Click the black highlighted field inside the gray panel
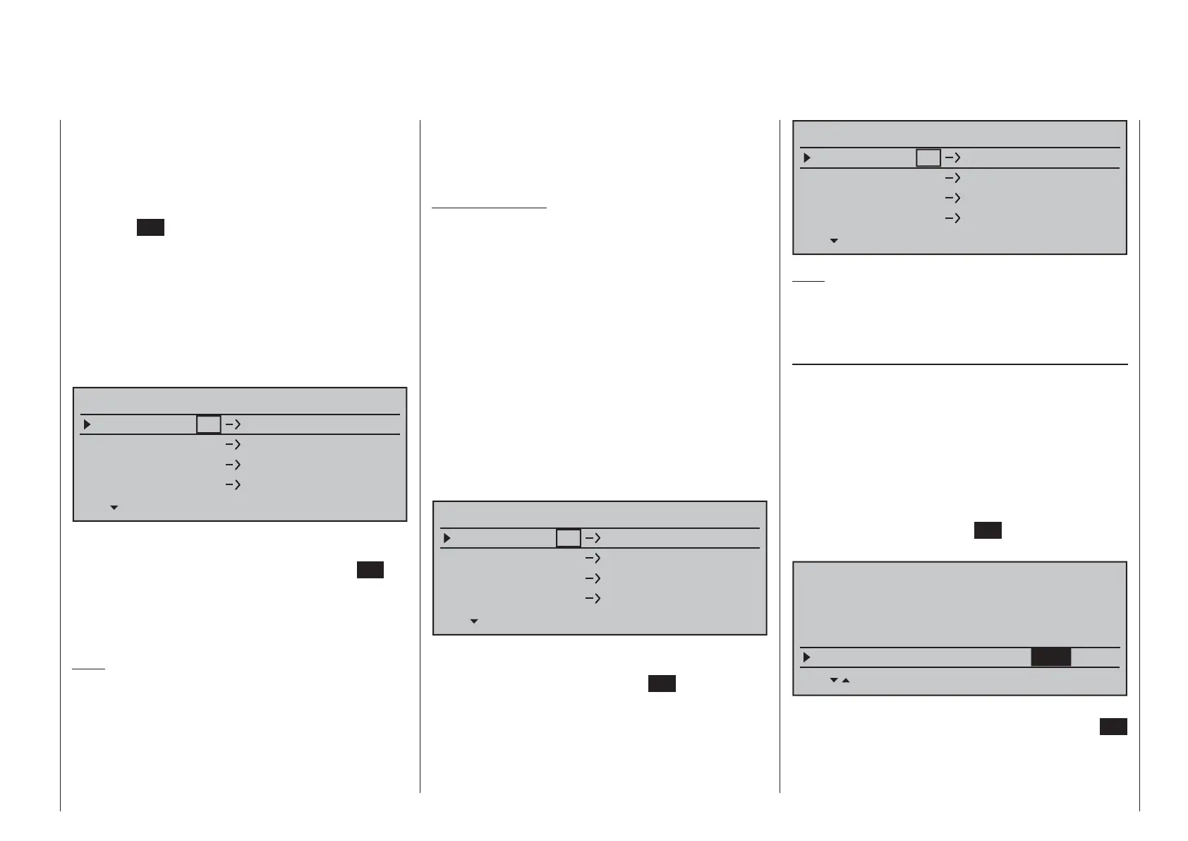pos(1050,657)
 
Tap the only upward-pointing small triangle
pos(846,681)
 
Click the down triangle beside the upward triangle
pos(834,681)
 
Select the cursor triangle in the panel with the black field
pos(807,657)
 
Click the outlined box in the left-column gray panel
pos(209,424)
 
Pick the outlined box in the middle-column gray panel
pos(569,538)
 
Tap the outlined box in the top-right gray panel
pos(928,158)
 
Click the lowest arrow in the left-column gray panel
pos(233,484)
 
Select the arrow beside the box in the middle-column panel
pos(593,538)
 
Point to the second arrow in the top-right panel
pos(952,179)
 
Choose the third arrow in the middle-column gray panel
pos(593,578)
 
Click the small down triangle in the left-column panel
pos(114,508)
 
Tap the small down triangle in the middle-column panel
pos(474,621)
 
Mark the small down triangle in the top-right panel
pos(834,241)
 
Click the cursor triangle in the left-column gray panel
pos(87,424)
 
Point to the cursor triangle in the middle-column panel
pos(447,538)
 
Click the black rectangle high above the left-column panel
pos(150,227)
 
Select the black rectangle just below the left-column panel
pos(370,570)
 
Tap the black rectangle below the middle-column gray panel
pos(662,684)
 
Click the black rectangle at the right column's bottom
pos(1113,727)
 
